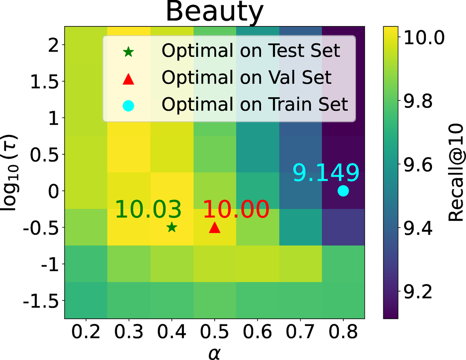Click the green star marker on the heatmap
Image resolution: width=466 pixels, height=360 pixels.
pos(172,227)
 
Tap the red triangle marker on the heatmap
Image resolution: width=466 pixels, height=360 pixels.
pos(215,227)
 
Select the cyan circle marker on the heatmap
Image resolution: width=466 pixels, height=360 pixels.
pos(343,191)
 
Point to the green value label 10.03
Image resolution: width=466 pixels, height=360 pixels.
pos(148,209)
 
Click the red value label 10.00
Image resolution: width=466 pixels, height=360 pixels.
pos(236,209)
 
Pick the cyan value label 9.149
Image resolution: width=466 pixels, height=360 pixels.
pos(326,173)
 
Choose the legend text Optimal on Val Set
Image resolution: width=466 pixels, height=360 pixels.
pos(246,78)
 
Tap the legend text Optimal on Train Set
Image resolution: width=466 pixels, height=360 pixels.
pos(255,104)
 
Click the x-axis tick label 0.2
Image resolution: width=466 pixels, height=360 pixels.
pos(86,333)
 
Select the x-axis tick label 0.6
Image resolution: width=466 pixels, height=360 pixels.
pos(257,333)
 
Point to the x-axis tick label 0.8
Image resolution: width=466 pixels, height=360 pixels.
pos(343,333)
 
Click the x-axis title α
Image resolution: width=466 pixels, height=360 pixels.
pos(215,352)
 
